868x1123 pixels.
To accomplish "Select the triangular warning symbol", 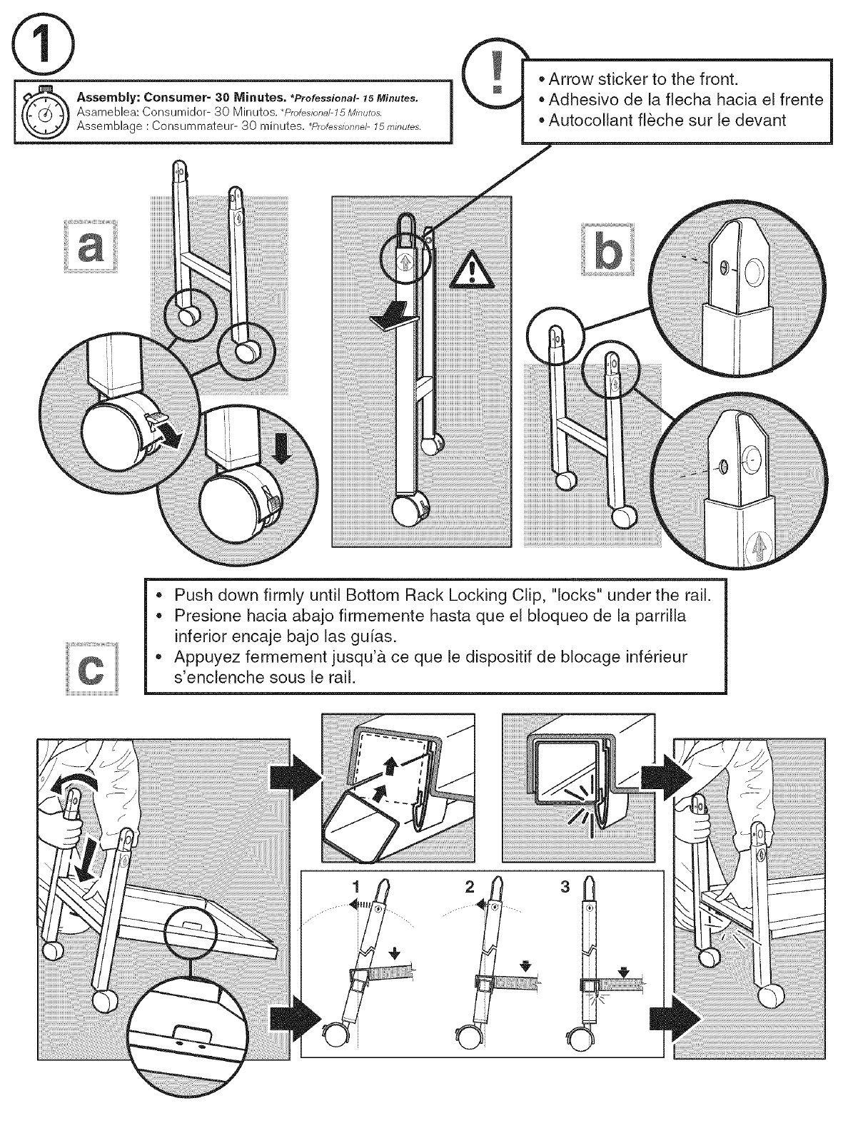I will point(466,271).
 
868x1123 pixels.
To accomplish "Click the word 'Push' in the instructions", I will point(193,594).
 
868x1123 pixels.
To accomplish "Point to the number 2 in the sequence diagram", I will point(469,887).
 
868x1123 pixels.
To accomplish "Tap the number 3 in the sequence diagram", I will point(565,887).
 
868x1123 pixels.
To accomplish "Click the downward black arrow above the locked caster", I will point(283,449).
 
